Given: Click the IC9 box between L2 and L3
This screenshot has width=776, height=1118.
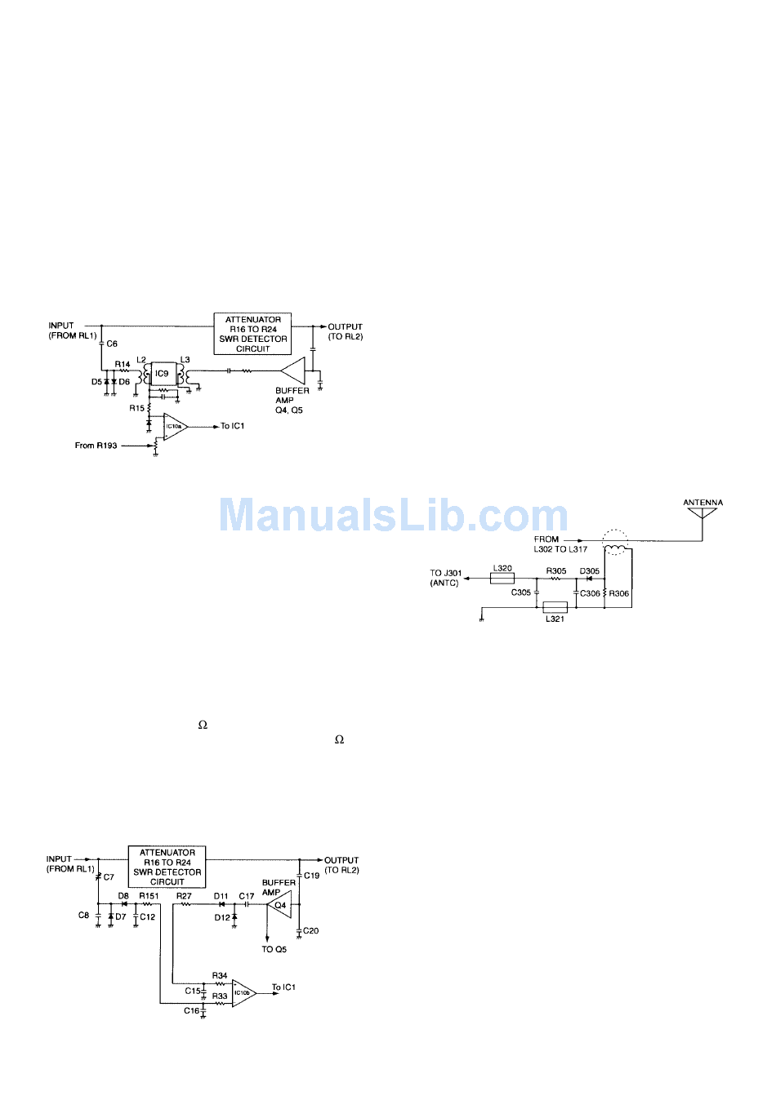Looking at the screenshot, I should [162, 374].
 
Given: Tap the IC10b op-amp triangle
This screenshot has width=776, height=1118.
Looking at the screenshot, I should [243, 993].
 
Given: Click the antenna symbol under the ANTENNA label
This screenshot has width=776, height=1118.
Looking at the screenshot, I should [702, 515].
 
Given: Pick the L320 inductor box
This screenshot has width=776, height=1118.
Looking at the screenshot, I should [502, 579].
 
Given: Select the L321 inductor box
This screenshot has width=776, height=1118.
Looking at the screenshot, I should [555, 607].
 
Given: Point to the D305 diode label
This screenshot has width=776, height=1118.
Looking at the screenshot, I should [590, 571].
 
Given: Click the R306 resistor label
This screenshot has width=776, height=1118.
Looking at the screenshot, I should [619, 593].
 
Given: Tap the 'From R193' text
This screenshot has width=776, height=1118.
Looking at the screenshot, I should [96, 446].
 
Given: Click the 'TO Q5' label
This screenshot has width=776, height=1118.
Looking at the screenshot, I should [274, 949].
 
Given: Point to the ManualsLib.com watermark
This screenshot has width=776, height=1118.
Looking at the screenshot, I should [394, 516].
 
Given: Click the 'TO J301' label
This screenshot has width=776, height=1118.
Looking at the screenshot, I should [446, 573].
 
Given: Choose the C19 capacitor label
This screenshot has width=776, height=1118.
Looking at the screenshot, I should [312, 876].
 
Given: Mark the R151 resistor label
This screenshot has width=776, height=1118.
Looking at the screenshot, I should [149, 896].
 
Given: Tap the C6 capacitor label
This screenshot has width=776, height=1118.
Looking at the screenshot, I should [113, 344].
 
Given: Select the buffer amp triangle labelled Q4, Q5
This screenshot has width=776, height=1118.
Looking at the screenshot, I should [293, 370].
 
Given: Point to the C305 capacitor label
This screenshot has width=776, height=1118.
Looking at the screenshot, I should [521, 592].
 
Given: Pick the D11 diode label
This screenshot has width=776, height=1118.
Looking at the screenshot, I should [221, 896].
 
